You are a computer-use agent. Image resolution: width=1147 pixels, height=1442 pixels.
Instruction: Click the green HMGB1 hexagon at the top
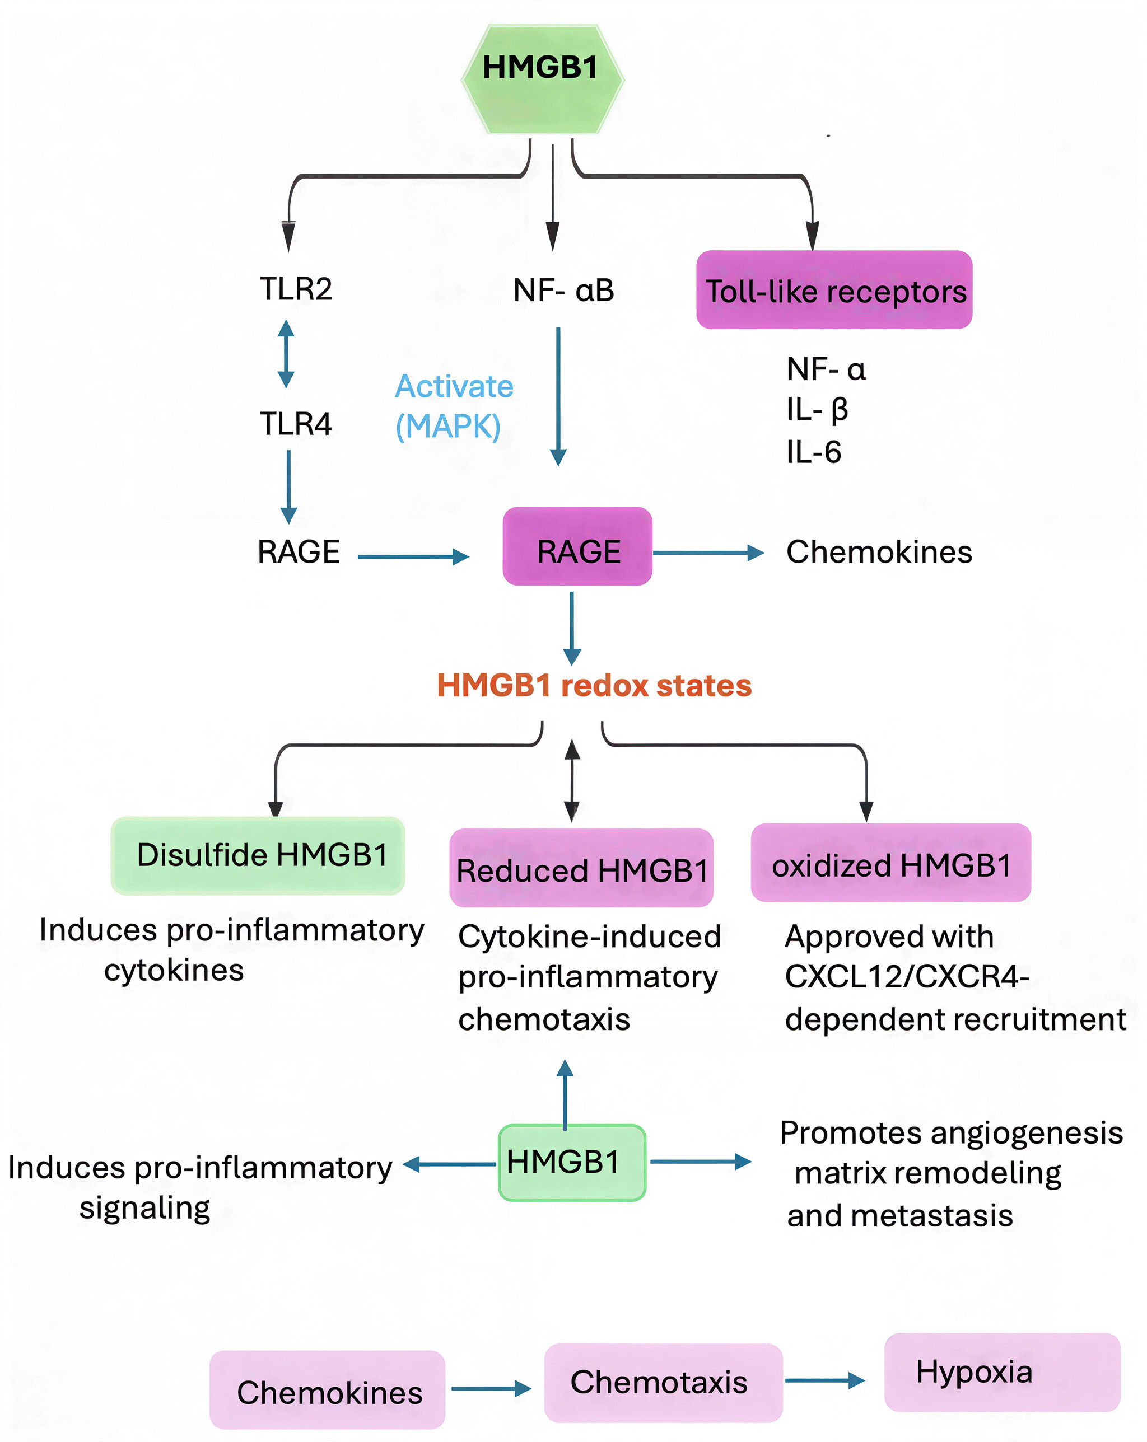pos(542,79)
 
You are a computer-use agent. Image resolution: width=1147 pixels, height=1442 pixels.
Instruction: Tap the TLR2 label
pos(296,289)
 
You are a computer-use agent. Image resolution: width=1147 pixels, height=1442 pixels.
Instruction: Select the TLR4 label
pos(296,423)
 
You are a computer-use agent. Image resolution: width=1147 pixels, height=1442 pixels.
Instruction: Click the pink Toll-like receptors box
pos(834,291)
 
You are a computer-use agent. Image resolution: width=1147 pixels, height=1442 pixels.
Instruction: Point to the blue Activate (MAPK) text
pos(453,406)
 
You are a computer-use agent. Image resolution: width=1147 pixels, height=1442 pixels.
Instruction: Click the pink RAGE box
pos(577,546)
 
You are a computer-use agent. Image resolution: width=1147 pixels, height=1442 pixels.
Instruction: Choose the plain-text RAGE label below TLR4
pos(299,552)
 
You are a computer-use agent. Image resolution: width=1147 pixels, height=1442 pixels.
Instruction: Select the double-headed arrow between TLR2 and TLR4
pos(286,354)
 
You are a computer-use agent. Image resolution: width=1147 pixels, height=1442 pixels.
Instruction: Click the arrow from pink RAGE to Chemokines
pos(708,553)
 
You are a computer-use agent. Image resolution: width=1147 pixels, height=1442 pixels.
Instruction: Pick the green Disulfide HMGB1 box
pos(258,855)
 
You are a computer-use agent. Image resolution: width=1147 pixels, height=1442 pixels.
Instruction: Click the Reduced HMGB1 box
pos(581,868)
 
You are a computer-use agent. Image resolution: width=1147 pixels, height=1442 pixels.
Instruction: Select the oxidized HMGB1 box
pos(890,863)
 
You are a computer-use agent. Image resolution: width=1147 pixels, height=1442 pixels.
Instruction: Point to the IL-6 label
pos(814,452)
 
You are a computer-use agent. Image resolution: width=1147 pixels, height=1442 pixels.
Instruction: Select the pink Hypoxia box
pos(1002,1373)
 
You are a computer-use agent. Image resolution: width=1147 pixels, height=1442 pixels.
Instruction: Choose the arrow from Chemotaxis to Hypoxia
pos(824,1380)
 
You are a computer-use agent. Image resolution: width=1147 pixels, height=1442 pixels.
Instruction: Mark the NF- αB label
pos(563,291)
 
